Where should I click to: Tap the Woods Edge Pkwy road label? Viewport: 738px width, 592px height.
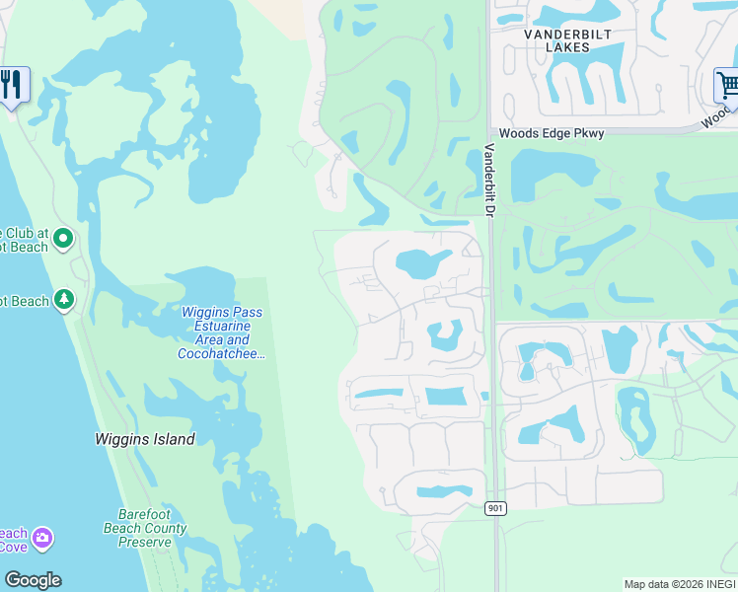click(x=551, y=133)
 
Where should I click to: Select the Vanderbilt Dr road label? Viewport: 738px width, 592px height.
click(x=488, y=180)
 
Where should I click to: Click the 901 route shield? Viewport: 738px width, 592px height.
click(x=495, y=508)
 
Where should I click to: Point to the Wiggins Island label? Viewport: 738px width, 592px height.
click(x=145, y=439)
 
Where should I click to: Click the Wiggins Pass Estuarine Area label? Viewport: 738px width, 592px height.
click(x=222, y=326)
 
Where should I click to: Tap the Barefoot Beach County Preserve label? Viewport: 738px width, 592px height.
click(x=152, y=528)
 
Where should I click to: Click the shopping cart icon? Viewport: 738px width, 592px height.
click(x=727, y=85)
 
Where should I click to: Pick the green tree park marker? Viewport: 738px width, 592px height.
click(x=64, y=298)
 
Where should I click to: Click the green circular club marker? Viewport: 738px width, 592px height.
click(x=63, y=238)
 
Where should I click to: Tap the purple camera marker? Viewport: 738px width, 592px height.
click(x=41, y=539)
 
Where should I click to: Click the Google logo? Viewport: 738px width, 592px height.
click(x=33, y=580)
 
